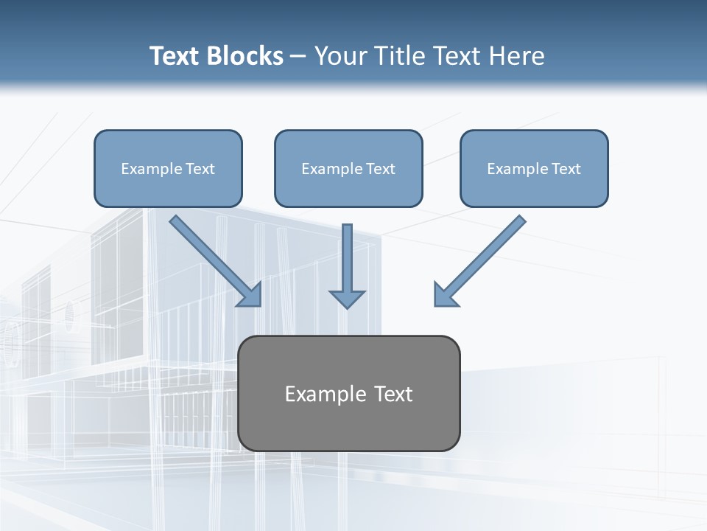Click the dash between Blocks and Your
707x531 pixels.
click(298, 57)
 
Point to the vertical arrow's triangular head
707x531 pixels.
click(347, 299)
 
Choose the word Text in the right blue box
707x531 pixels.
click(566, 169)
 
